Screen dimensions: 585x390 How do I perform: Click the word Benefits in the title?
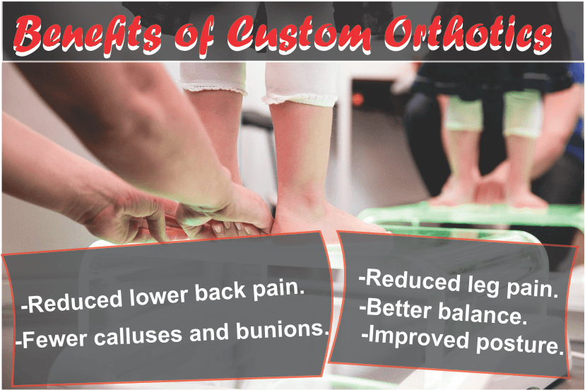pyautogui.click(x=88, y=35)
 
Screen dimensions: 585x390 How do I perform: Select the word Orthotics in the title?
pyautogui.click(x=468, y=35)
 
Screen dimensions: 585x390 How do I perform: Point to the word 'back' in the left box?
pyautogui.click(x=220, y=292)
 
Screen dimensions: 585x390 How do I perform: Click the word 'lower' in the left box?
pyautogui.click(x=158, y=297)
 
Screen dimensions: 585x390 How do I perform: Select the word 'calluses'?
pyautogui.click(x=138, y=336)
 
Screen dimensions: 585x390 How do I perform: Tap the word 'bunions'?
pyautogui.click(x=283, y=330)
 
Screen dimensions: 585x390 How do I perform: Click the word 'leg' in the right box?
pyautogui.click(x=483, y=285)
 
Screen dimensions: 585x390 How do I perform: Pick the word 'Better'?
pyautogui.click(x=396, y=308)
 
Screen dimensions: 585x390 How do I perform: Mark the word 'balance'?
pyautogui.click(x=482, y=314)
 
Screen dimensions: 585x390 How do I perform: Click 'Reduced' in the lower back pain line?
pyautogui.click(x=72, y=302)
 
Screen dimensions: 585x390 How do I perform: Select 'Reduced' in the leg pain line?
pyautogui.click(x=410, y=280)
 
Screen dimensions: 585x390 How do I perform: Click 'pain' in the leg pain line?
pyautogui.click(x=532, y=288)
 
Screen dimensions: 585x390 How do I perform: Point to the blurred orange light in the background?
pyautogui.click(x=357, y=100)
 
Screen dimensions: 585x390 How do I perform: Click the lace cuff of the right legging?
pyautogui.click(x=300, y=100)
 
